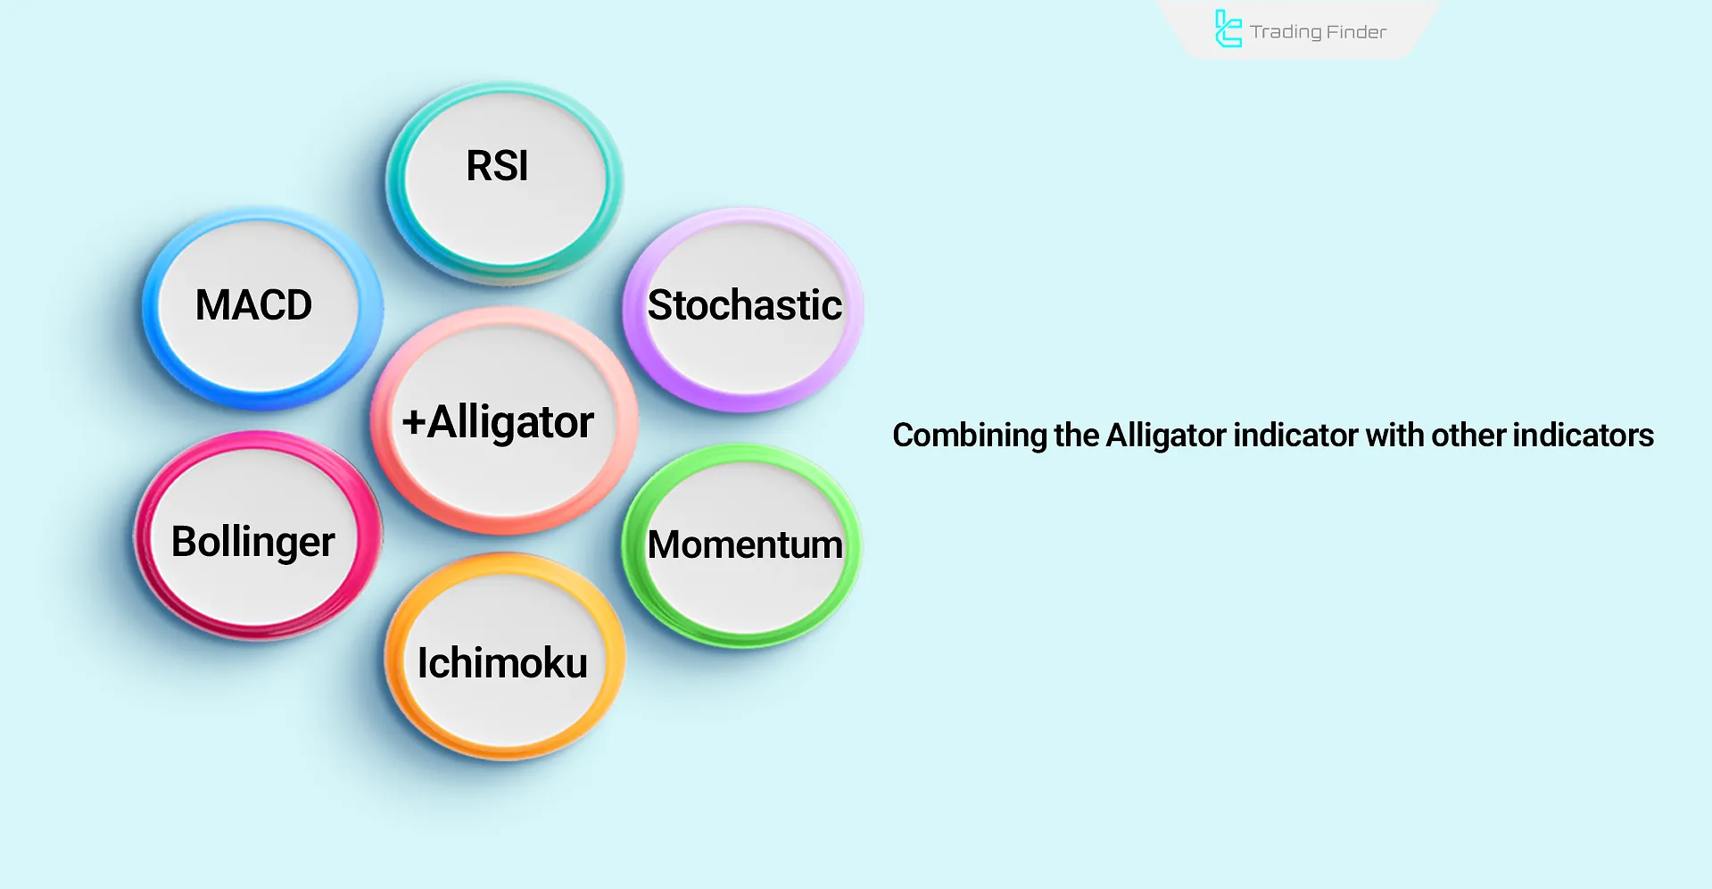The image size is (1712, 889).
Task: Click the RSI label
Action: [497, 166]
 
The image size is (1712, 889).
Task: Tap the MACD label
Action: [253, 305]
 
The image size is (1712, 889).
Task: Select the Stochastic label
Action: [744, 305]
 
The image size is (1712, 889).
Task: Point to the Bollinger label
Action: [252, 542]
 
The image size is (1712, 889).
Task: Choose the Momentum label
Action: [744, 544]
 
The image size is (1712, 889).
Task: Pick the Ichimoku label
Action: [502, 663]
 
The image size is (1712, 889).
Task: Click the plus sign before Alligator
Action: [413, 423]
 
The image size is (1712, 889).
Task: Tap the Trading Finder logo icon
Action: [1228, 29]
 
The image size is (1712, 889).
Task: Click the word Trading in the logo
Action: [1286, 32]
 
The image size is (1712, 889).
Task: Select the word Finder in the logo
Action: [1356, 32]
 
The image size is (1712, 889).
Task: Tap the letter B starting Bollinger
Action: [184, 542]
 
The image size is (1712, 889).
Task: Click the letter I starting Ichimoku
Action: [423, 663]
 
